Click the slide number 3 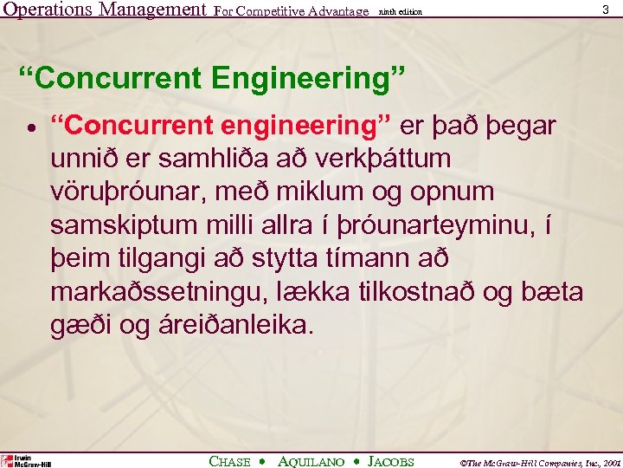pos(605,9)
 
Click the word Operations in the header pos(48,10)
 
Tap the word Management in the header pos(152,10)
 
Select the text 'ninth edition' pos(401,11)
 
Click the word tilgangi pos(161,260)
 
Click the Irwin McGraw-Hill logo pos(26,460)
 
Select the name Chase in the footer pos(230,461)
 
